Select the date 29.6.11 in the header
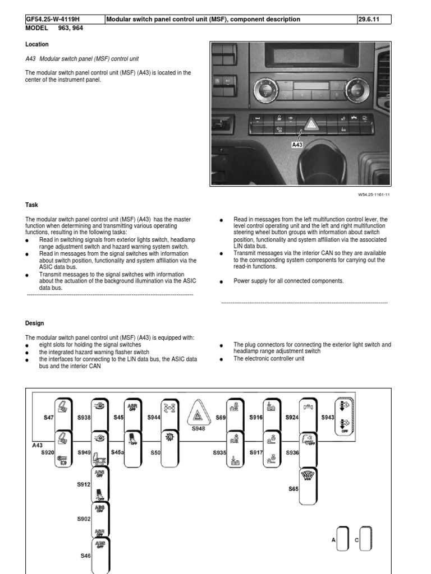369,19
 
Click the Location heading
37,44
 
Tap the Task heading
31,205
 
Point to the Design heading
35,323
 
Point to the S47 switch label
49,418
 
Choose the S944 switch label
154,418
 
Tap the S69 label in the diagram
221,418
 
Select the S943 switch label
328,418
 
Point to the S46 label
85,556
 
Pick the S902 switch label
84,519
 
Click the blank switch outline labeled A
343,540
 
